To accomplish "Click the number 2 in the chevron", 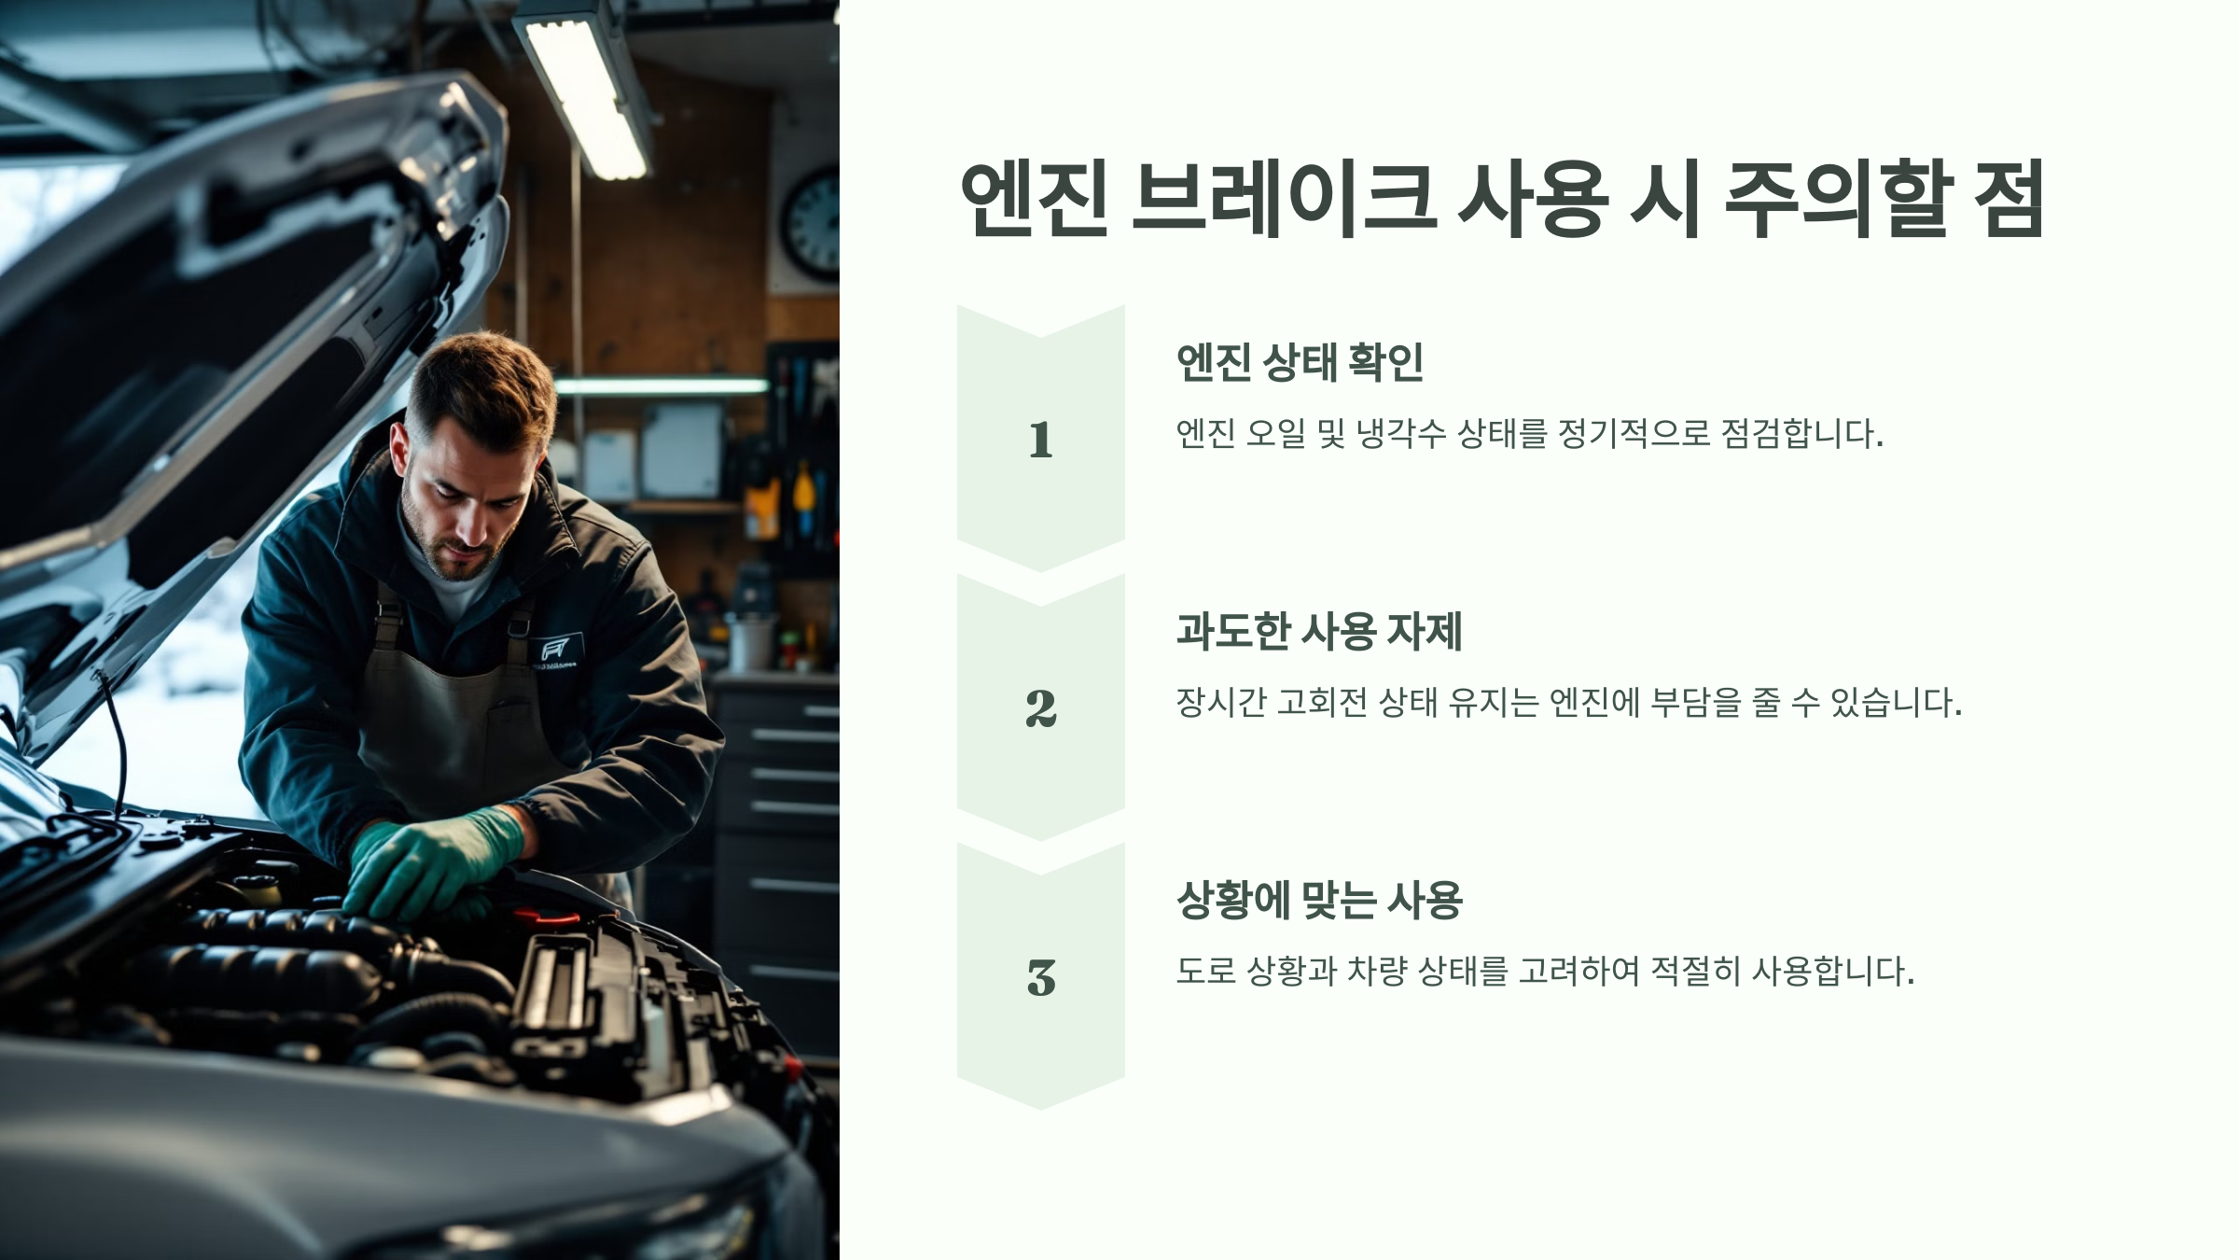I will click(1040, 708).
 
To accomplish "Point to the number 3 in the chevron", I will click(1040, 977).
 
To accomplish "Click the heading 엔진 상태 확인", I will click(1300, 362).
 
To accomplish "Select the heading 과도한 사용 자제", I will click(1318, 632).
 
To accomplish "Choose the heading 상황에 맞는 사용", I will click(1318, 901).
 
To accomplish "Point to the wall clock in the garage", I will click(811, 224).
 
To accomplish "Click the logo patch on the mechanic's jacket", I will click(557, 650).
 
